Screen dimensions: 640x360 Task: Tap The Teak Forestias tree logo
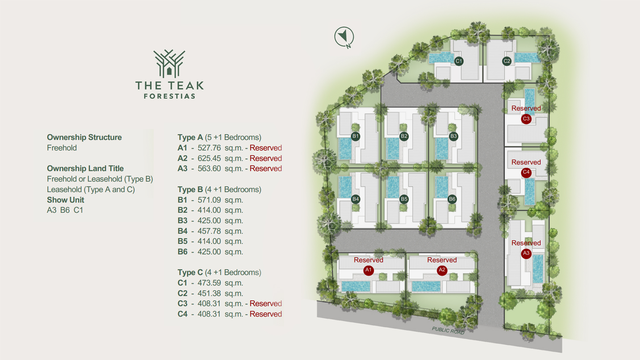[x=169, y=64]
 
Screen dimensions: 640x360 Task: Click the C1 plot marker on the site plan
[x=459, y=61]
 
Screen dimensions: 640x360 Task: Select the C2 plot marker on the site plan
[x=507, y=61]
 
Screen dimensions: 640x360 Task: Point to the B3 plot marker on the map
[x=453, y=136]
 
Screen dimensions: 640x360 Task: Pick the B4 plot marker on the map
[x=356, y=199]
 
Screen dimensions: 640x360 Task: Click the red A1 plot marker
[x=368, y=270]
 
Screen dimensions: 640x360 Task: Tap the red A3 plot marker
[x=526, y=253]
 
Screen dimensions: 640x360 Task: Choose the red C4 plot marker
[x=526, y=172]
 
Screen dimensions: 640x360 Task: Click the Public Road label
[x=448, y=330]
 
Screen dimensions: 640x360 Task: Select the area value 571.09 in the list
[x=209, y=200]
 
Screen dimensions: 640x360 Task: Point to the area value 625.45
[x=209, y=158]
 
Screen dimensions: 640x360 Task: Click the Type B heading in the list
[x=190, y=189]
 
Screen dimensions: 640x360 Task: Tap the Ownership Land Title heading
[x=85, y=168]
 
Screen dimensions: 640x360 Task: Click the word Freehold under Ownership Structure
[x=62, y=148]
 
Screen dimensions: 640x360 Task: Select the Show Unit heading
[x=65, y=200]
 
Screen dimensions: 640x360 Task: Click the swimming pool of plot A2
[x=426, y=286]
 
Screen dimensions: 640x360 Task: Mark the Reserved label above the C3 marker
[x=526, y=108]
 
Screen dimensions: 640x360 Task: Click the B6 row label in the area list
[x=182, y=252]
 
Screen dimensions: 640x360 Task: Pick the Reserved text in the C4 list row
[x=266, y=314]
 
